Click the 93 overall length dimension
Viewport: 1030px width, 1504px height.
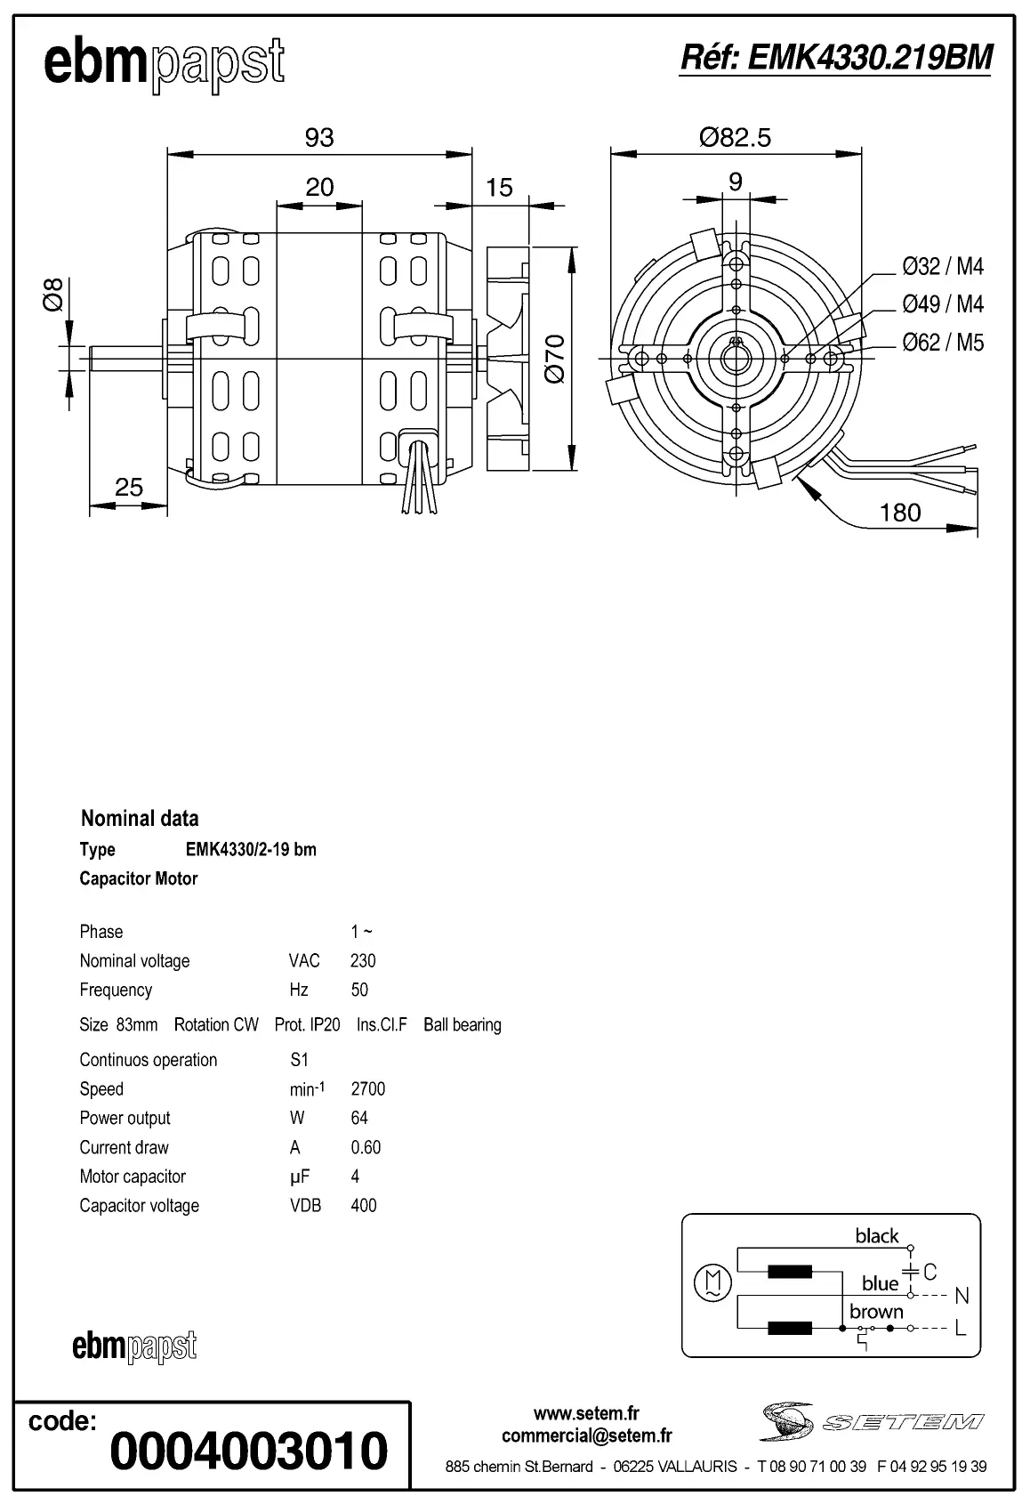tap(318, 138)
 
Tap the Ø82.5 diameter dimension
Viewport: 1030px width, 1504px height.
tap(735, 137)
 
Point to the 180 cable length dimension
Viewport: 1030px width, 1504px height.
tap(899, 513)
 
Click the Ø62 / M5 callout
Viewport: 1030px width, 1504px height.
tap(943, 343)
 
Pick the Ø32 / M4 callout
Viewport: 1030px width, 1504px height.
tap(943, 266)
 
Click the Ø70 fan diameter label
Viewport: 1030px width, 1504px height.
tap(555, 359)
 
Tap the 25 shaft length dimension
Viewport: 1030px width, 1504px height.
tap(129, 488)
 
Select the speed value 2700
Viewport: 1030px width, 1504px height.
tap(368, 1088)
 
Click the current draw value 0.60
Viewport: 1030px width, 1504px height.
tap(366, 1147)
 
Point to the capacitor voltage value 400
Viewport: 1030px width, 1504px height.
tap(364, 1206)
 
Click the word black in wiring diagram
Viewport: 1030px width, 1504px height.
tap(876, 1235)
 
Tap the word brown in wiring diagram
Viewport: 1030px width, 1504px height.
tap(875, 1311)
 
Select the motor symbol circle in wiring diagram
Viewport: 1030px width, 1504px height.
tap(712, 1282)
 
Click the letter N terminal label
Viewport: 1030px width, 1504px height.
tap(961, 1296)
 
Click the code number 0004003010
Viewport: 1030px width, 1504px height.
tap(249, 1451)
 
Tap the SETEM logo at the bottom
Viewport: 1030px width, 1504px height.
tap(872, 1421)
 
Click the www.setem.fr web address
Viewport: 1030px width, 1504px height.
tap(586, 1413)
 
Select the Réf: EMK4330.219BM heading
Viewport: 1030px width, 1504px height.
tap(835, 58)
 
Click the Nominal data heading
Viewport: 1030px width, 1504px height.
tap(140, 818)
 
